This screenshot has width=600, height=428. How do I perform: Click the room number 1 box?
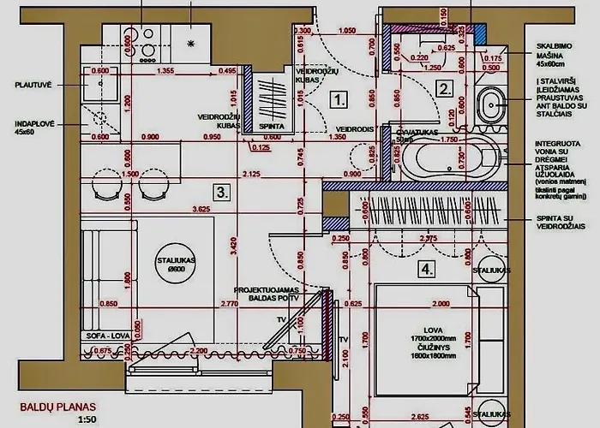pos(339,99)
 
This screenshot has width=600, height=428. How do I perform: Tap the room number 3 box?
pos(222,192)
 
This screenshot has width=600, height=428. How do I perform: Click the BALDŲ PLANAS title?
pos(57,407)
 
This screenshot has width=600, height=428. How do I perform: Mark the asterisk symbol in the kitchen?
pos(191,43)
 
